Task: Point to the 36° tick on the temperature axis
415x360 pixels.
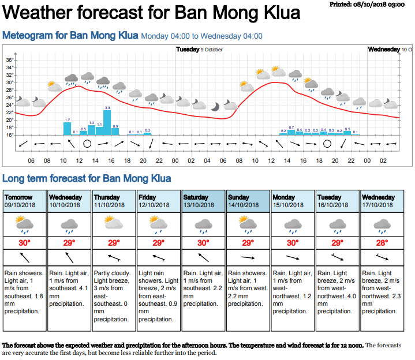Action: point(10,60)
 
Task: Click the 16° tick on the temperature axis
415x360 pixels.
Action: point(10,135)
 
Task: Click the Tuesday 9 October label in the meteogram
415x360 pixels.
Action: point(199,50)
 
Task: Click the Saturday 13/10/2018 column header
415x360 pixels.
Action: point(204,200)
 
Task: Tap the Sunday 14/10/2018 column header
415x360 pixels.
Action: point(248,200)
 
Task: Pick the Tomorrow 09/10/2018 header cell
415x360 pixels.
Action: point(25,200)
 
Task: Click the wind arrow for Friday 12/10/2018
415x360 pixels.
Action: point(159,257)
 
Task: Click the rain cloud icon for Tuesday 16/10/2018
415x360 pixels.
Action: point(338,223)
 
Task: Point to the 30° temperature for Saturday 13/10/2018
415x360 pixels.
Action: point(204,242)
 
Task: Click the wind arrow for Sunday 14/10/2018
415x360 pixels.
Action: point(248,257)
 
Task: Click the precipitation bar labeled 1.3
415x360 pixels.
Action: point(91,130)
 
